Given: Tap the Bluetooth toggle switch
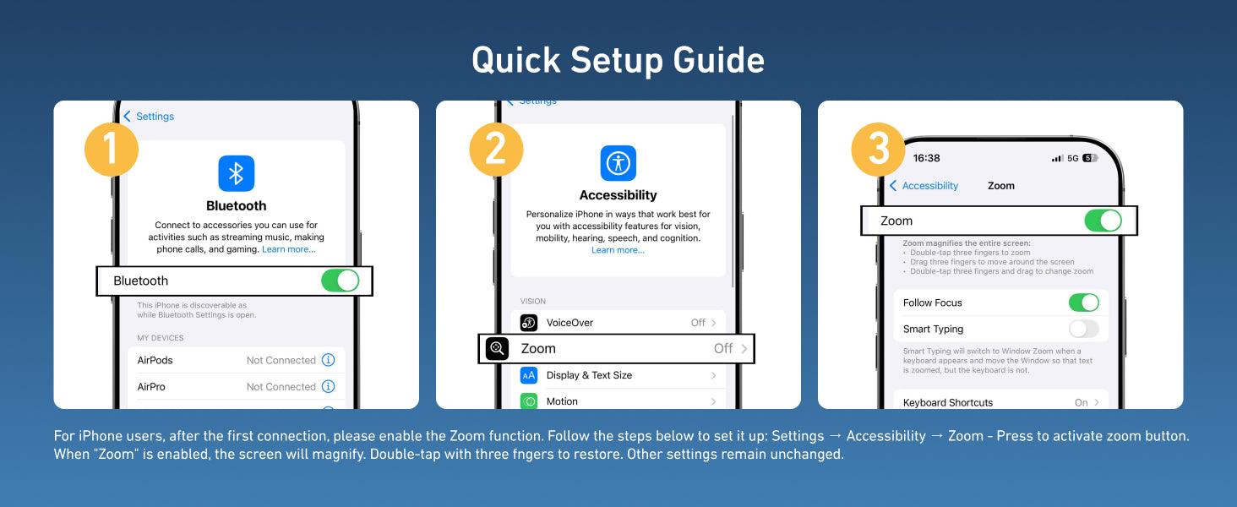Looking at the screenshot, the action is point(341,281).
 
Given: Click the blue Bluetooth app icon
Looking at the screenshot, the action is point(237,173).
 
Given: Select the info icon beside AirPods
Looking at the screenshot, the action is point(328,360).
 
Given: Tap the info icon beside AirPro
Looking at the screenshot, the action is point(328,386).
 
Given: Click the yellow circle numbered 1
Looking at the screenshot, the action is point(111,150).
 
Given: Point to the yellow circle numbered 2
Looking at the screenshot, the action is point(496,150).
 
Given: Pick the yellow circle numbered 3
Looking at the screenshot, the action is point(878,150).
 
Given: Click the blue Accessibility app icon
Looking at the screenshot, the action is point(618,163).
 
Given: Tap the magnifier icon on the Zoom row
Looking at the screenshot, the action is point(497,348).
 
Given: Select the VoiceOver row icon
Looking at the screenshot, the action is point(528,323).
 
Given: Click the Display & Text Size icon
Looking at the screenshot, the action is point(528,375).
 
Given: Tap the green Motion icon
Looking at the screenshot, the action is point(528,401).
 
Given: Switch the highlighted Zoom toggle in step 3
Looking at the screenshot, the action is point(1103,221).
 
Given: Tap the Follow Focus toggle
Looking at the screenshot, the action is point(1083,303).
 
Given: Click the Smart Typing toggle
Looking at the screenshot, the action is point(1083,330).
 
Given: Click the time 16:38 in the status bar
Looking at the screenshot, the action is point(926,158).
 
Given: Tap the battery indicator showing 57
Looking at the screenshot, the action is point(1089,158).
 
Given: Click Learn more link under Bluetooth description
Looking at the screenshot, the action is point(289,249).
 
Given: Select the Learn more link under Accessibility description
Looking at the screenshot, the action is point(618,250).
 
